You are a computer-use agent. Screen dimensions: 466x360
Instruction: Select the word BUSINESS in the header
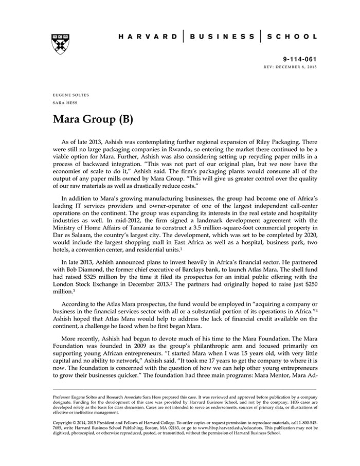pos(222,37)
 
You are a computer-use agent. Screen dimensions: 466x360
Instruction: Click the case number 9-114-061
pos(300,60)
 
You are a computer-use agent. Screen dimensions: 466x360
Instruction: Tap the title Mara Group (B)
pos(93,120)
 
